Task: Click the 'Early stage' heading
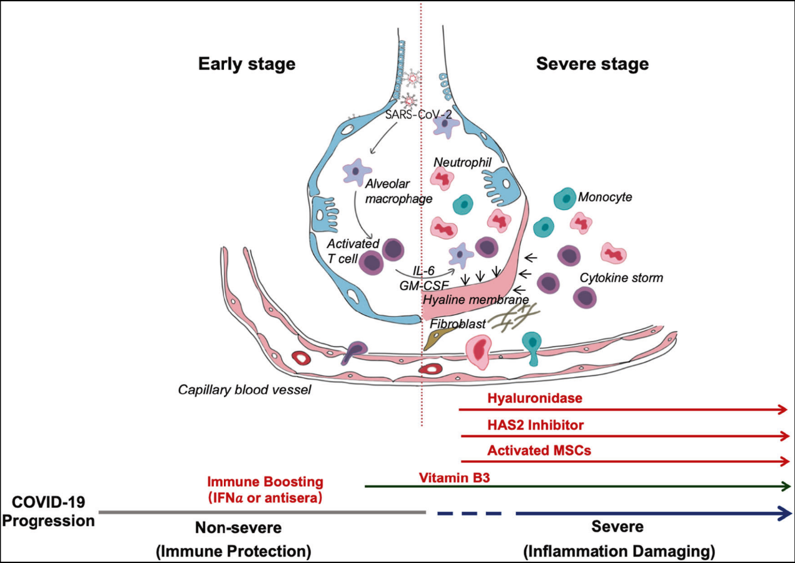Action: tap(246, 64)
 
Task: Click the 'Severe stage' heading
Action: tap(592, 64)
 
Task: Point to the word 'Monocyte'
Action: tap(604, 197)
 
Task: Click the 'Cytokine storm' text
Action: tap(620, 277)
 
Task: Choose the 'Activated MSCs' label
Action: tap(539, 450)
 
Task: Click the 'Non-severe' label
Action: tap(238, 528)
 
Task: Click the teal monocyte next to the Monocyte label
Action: tap(564, 198)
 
